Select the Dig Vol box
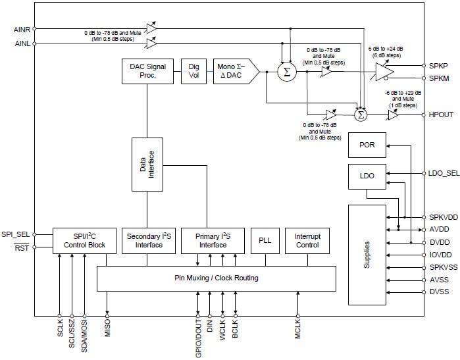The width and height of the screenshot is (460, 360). click(x=194, y=71)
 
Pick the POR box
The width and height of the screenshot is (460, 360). click(x=367, y=145)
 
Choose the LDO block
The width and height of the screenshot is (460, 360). click(x=367, y=176)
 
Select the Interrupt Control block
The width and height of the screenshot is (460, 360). click(x=307, y=240)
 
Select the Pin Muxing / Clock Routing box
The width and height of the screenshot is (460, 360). click(x=216, y=278)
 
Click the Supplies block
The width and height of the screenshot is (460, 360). click(x=367, y=255)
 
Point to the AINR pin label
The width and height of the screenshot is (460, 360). click(x=22, y=29)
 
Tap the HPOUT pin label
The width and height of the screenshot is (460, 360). click(x=440, y=115)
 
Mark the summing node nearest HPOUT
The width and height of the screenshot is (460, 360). click(x=360, y=115)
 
